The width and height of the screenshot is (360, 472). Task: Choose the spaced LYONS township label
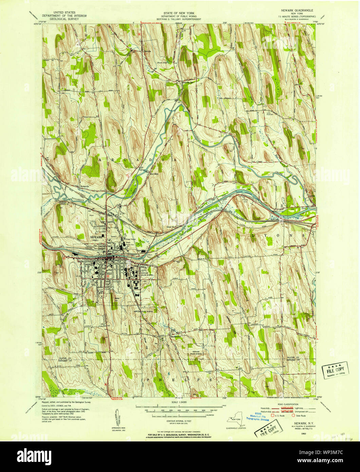click(x=278, y=235)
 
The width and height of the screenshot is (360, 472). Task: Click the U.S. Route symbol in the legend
click(x=273, y=415)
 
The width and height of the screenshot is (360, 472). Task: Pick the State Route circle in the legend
click(x=294, y=415)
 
